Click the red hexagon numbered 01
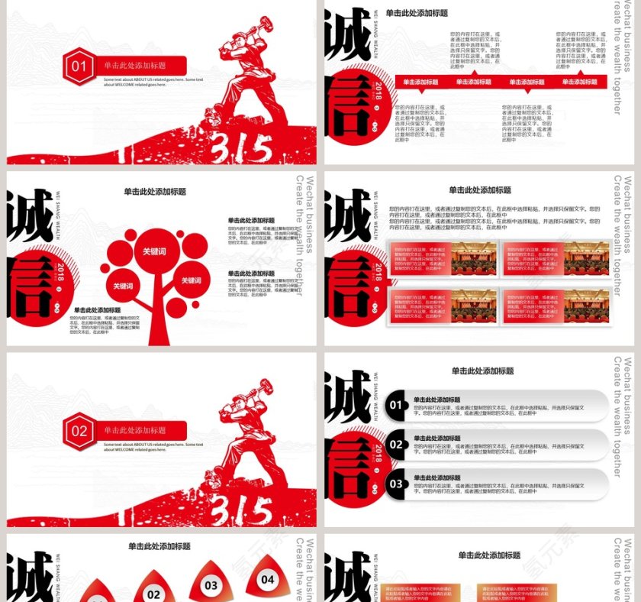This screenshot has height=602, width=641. [x=79, y=66]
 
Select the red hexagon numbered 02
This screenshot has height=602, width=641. [x=79, y=431]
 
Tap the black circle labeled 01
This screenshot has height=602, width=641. [x=395, y=405]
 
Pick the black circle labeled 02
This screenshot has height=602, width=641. [x=395, y=445]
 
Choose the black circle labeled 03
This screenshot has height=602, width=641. [x=395, y=484]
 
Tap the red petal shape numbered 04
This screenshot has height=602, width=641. [x=267, y=579]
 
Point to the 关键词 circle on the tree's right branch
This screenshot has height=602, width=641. [x=191, y=280]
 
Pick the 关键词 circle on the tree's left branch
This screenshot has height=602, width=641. [x=123, y=286]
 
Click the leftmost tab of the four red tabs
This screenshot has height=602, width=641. [x=420, y=82]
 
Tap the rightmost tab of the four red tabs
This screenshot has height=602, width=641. [x=579, y=82]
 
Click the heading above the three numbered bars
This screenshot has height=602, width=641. [x=482, y=371]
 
